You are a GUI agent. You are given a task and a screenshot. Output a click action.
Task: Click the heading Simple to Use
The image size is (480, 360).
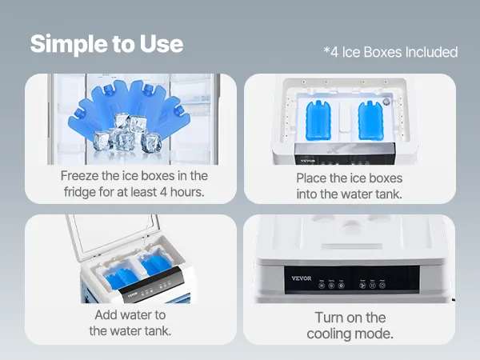point(106,44)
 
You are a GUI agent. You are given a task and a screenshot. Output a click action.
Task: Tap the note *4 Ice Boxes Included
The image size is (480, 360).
point(390,52)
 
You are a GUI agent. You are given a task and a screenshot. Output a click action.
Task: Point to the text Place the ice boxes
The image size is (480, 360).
point(350,178)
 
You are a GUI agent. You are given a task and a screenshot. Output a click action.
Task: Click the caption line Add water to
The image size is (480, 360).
point(130,314)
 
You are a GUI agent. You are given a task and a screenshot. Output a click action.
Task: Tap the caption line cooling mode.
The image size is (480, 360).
point(350,334)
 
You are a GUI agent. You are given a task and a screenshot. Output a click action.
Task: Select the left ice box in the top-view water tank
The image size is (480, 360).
point(318,120)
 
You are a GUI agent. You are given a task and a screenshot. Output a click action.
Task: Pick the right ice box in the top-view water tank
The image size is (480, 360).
point(370,120)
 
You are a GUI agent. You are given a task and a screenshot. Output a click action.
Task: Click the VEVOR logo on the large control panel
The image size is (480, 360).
point(302,278)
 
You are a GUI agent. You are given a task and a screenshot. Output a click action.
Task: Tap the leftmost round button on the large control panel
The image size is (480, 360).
point(322,286)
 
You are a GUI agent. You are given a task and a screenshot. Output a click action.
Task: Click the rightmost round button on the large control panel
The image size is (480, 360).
point(382,286)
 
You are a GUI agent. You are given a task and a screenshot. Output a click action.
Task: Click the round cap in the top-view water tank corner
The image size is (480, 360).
point(386,102)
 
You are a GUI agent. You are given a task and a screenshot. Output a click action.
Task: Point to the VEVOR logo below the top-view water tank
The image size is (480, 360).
point(308,161)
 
